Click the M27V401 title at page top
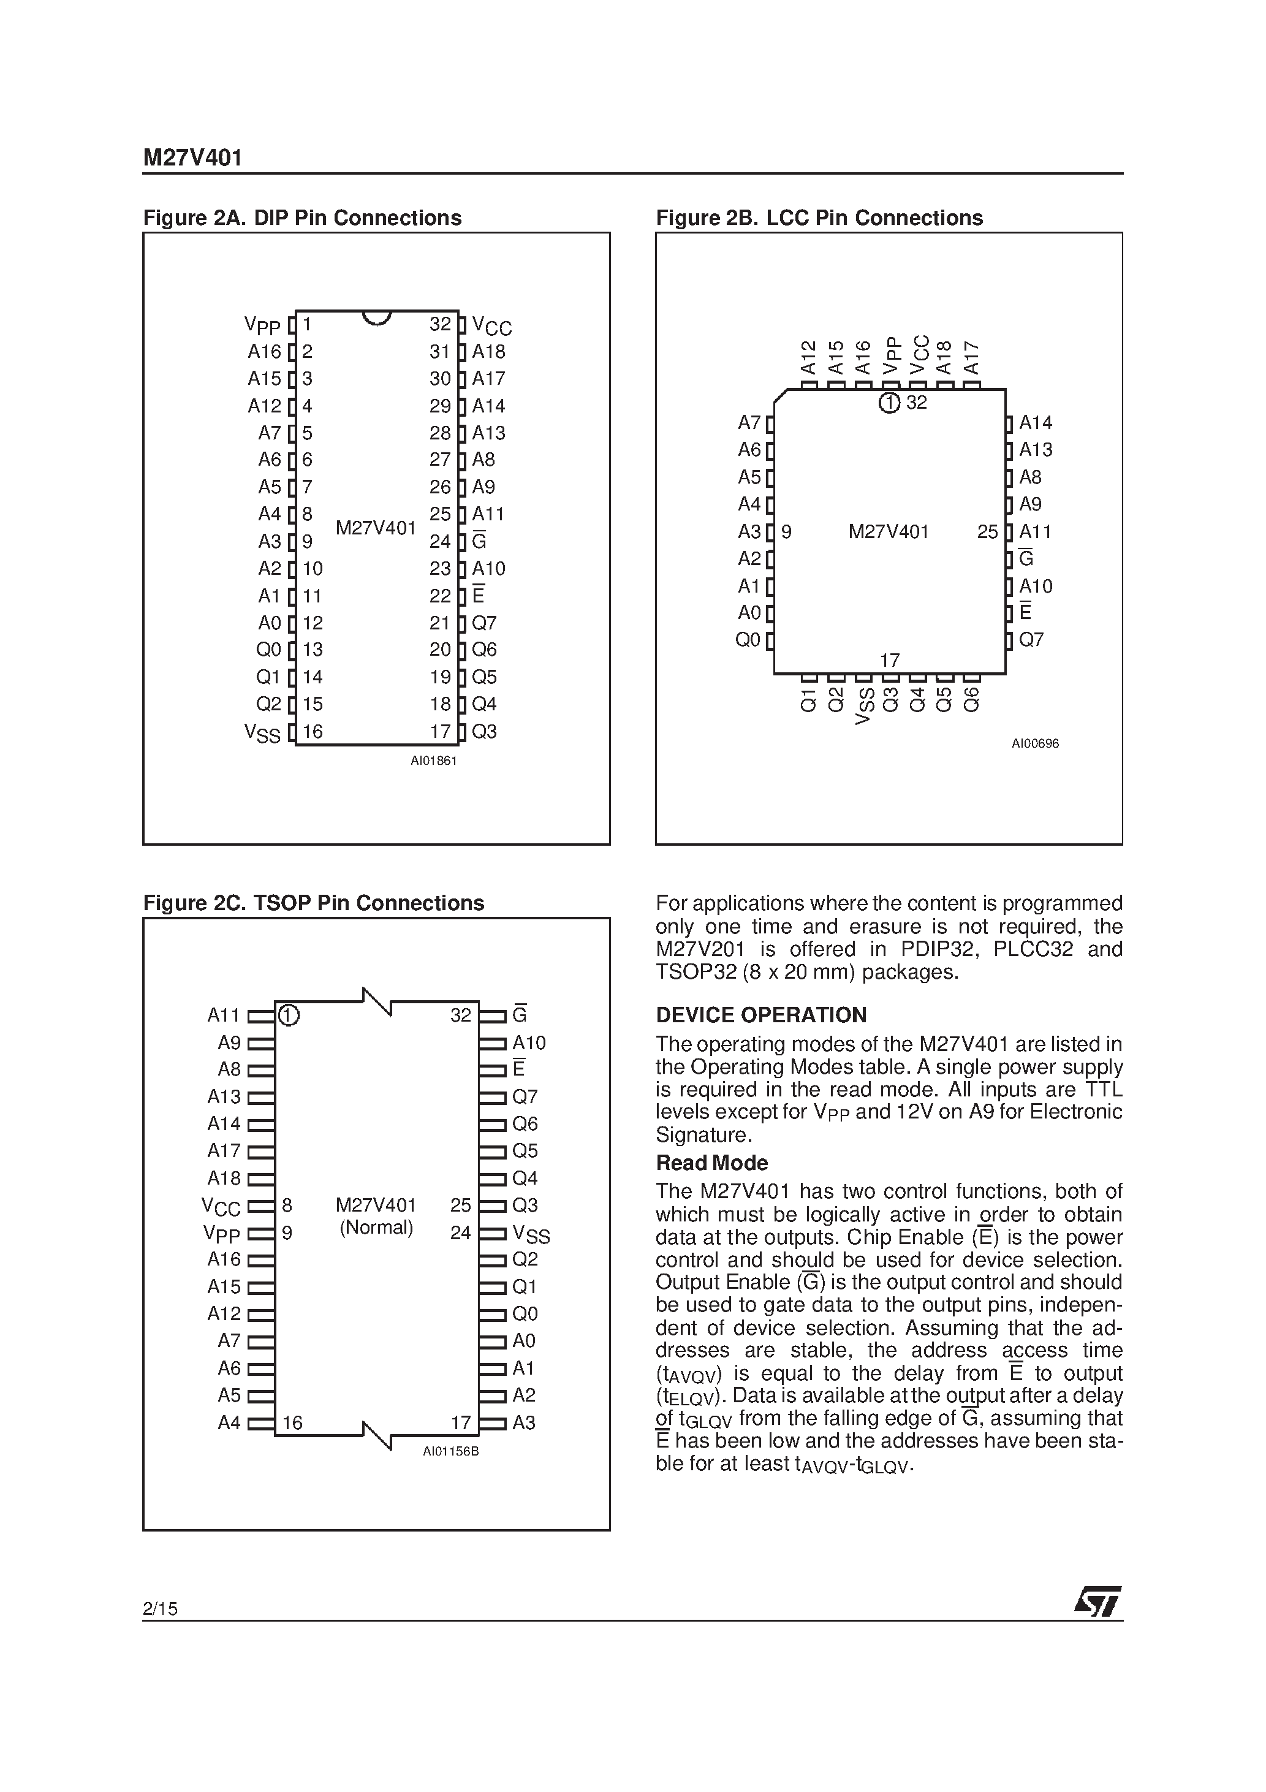click(x=192, y=159)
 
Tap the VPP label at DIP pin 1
click(x=262, y=325)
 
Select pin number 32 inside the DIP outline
click(x=440, y=324)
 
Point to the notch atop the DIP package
click(x=377, y=317)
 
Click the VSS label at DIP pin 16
click(x=262, y=733)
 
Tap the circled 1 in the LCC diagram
click(x=889, y=403)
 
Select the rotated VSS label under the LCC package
click(x=863, y=707)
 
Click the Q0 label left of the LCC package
click(x=748, y=640)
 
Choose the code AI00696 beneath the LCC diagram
click(x=1035, y=744)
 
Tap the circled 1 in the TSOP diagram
click(x=289, y=1015)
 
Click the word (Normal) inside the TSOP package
click(x=376, y=1228)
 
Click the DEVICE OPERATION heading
click(x=761, y=1015)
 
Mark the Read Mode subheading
click(x=712, y=1163)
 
